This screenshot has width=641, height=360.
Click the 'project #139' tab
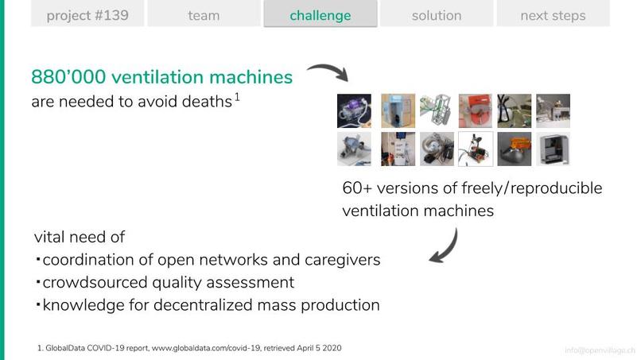[x=87, y=15]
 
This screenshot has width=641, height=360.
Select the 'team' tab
[x=204, y=15]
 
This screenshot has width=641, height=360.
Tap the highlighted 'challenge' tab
[x=320, y=15]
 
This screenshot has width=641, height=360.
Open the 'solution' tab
[x=437, y=15]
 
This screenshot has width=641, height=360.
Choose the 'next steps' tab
[x=553, y=15]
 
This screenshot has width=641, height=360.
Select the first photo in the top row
[x=354, y=110]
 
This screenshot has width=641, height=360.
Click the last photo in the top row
[x=553, y=110]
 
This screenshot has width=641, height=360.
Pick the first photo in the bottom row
[x=354, y=149]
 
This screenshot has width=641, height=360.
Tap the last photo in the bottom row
[x=553, y=149]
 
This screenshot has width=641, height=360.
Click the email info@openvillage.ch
[x=600, y=350]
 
